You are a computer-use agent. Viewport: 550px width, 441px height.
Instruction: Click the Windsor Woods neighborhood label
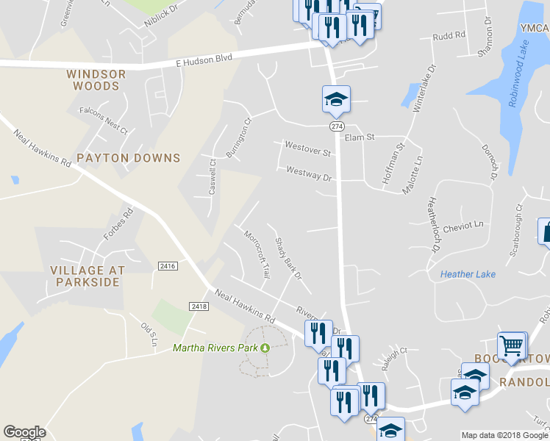coord(96,80)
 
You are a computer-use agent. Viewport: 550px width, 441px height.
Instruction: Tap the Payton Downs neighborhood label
coord(129,158)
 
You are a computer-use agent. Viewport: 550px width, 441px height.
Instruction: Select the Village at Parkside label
coord(85,276)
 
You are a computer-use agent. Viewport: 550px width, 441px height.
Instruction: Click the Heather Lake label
coord(468,274)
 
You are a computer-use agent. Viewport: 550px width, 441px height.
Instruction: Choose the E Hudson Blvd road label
coord(204,60)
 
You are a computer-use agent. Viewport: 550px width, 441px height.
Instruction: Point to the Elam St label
coord(360,137)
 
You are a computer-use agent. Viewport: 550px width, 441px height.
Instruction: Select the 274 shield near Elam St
coord(337,126)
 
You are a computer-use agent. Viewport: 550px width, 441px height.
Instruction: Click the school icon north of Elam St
coord(336,99)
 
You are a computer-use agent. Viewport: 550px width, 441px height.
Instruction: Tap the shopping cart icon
coord(512,345)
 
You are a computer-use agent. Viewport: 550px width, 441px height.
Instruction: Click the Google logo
coord(24,432)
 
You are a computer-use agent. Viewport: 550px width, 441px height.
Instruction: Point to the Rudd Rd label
coord(449,35)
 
